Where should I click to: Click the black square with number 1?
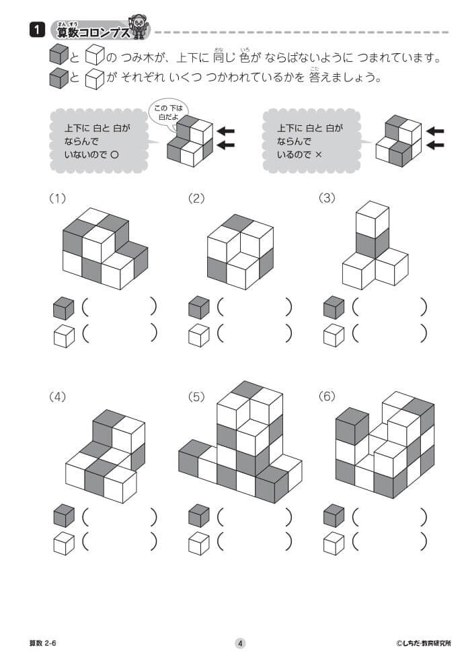(x=36, y=30)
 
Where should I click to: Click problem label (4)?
(x=58, y=396)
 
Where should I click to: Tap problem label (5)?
(x=196, y=396)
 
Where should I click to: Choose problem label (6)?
(x=327, y=396)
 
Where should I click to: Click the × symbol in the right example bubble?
(x=319, y=154)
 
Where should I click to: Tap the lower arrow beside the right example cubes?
(x=435, y=145)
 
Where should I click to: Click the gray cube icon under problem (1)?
(x=63, y=308)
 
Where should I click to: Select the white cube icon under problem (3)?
(x=334, y=335)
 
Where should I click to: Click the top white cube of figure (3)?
(x=373, y=219)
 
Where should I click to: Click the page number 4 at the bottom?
(x=240, y=643)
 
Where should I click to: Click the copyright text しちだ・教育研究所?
(x=423, y=643)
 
